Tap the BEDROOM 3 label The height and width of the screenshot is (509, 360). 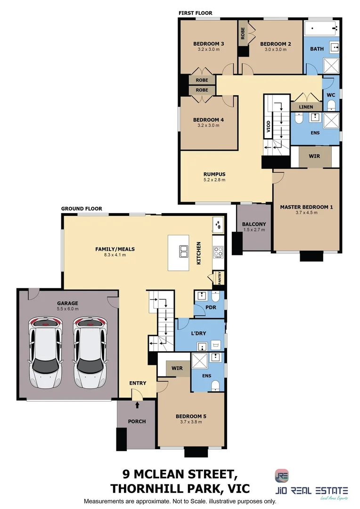pos(208,44)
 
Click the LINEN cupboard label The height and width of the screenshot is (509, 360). pos(306,107)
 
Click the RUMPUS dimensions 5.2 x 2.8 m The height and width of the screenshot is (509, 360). pos(214,180)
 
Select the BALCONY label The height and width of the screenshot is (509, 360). pos(254,224)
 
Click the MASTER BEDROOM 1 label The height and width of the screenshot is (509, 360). pos(306,207)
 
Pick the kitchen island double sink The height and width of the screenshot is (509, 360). pos(182,251)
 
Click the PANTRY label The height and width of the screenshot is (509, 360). pos(219,278)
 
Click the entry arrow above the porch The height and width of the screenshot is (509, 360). pos(137,404)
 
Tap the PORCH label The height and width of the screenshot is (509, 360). pos(137,421)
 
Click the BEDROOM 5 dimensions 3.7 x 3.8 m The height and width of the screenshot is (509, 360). pos(191,422)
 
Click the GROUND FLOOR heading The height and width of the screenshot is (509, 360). pos(82,209)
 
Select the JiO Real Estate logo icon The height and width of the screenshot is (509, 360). pos(281,476)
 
